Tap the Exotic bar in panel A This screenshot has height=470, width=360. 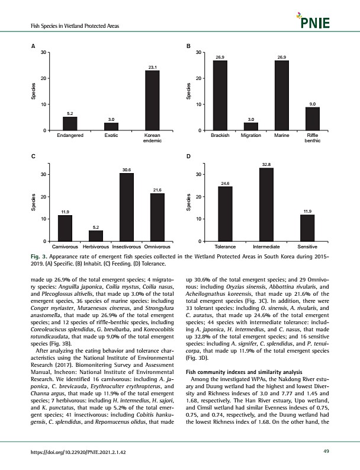pyautogui.click(x=111, y=126)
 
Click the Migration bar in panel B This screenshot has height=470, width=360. pyautogui.click(x=251, y=126)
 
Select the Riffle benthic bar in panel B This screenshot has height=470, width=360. pyautogui.click(x=312, y=119)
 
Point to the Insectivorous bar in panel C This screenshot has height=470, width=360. pyautogui.click(x=126, y=207)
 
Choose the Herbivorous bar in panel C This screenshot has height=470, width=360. pyautogui.click(x=95, y=236)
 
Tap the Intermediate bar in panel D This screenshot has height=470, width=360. pyautogui.click(x=266, y=204)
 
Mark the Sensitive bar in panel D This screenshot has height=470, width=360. pyautogui.click(x=307, y=228)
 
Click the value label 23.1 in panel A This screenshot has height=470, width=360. pyautogui.click(x=152, y=67)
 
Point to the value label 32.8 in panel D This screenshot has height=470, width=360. pyautogui.click(x=266, y=164)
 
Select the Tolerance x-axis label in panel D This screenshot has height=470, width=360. pyautogui.click(x=226, y=245)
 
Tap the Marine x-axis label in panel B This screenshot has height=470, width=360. pyautogui.click(x=282, y=136)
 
